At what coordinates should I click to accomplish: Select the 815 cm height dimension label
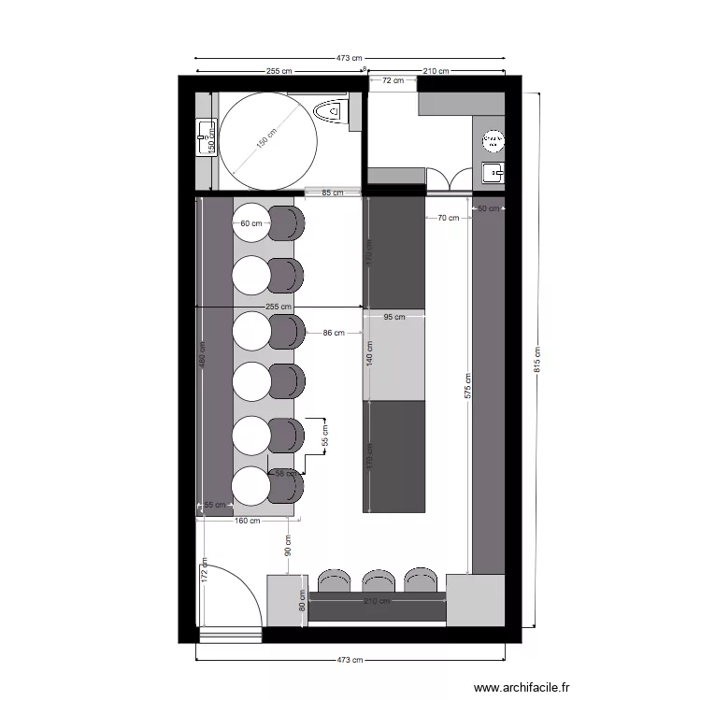[537, 360]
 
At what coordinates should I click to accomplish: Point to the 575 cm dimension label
[467, 387]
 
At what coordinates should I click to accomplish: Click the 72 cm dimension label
[393, 81]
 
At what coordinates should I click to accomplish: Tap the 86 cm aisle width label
[334, 332]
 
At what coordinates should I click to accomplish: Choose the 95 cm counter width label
[393, 317]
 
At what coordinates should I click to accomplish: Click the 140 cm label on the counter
[369, 352]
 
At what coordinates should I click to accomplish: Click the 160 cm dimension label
[247, 521]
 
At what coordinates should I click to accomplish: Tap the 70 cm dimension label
[448, 218]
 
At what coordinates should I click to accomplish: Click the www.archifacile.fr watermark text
[522, 687]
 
